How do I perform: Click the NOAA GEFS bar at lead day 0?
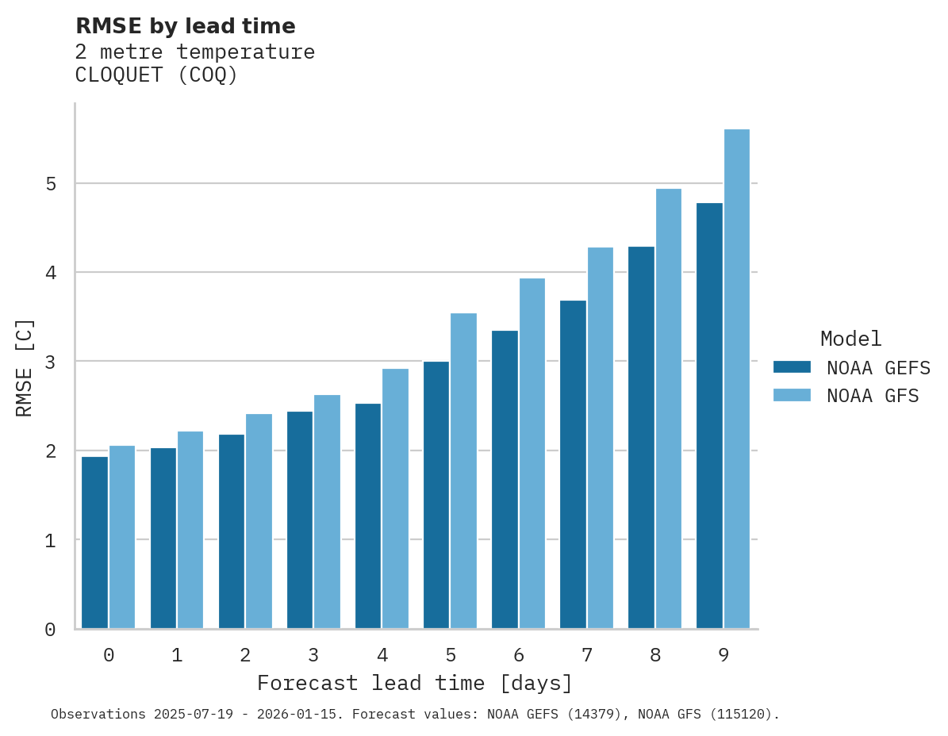(94, 542)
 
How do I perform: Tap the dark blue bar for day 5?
(436, 495)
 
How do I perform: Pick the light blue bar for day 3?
(327, 512)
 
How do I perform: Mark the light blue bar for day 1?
(190, 530)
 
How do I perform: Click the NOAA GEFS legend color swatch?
(792, 367)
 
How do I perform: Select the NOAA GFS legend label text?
(873, 396)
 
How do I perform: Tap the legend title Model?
(850, 339)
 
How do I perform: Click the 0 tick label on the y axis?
(50, 630)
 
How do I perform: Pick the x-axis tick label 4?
(382, 656)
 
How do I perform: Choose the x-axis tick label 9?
(723, 656)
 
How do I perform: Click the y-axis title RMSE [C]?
(25, 367)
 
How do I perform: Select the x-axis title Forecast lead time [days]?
(414, 684)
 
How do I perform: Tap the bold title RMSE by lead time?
(185, 26)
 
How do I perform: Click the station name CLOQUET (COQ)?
(156, 75)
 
